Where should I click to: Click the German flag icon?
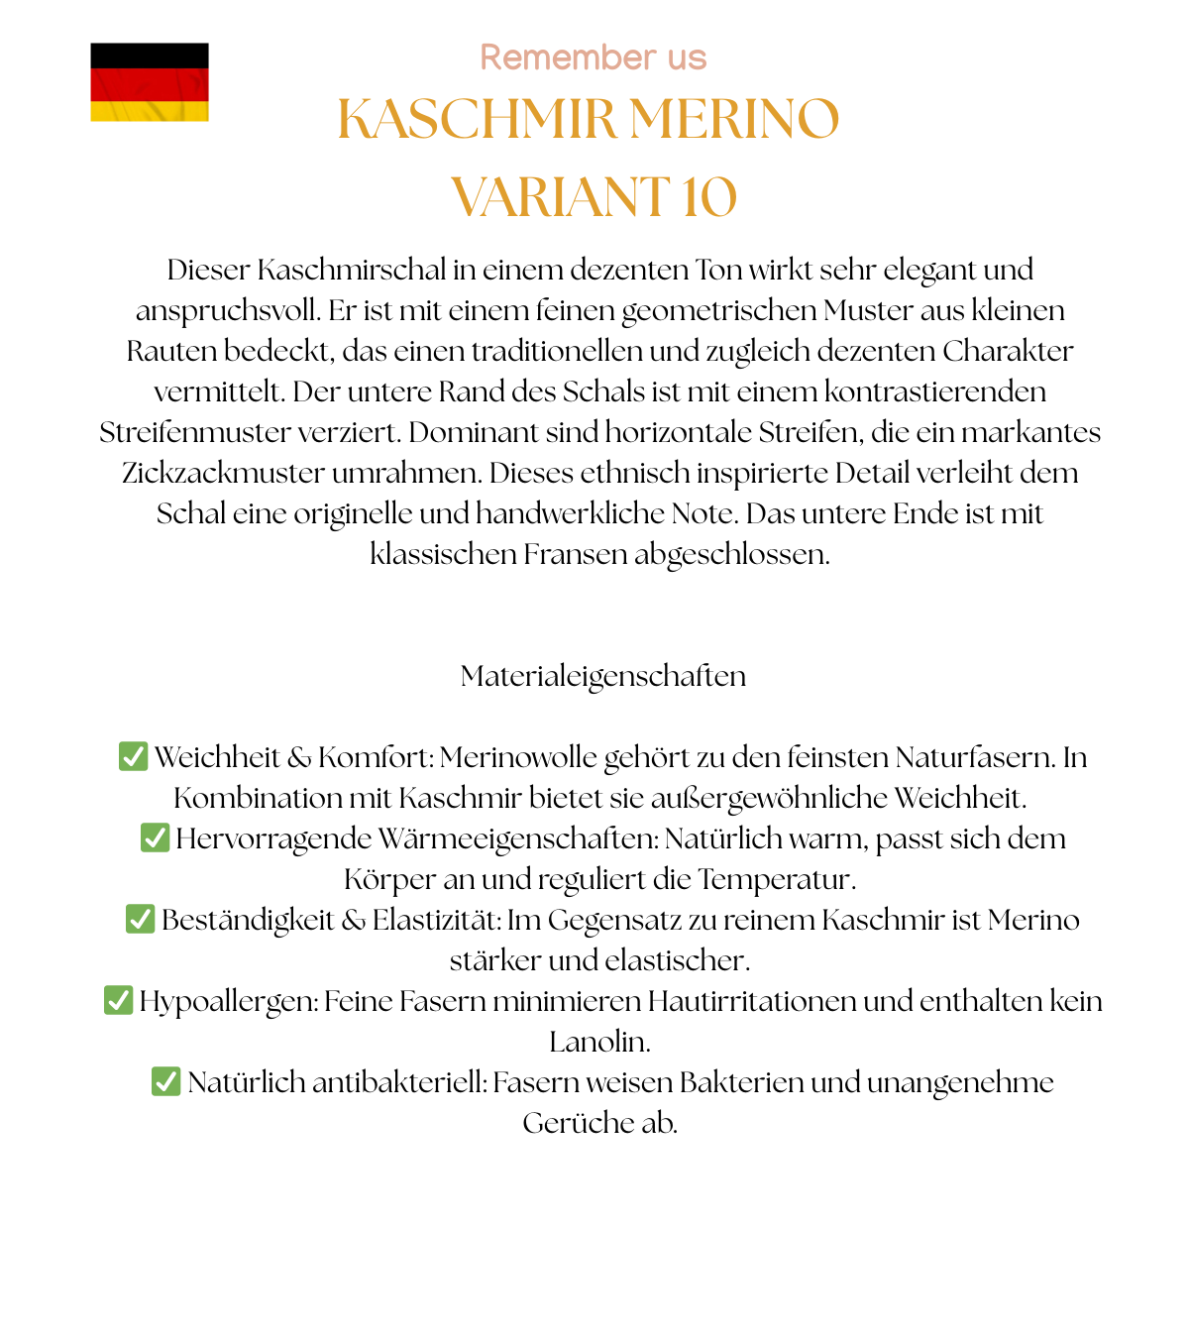pyautogui.click(x=150, y=82)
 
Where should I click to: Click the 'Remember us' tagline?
pyautogui.click(x=593, y=57)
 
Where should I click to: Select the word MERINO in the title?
pyautogui.click(x=734, y=119)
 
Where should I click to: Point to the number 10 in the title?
pyautogui.click(x=708, y=196)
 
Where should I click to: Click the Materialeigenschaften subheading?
pyautogui.click(x=602, y=676)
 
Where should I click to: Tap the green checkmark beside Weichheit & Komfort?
pyautogui.click(x=133, y=756)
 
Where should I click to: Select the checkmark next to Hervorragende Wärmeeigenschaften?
pyautogui.click(x=155, y=837)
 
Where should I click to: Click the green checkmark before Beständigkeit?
pyautogui.click(x=140, y=919)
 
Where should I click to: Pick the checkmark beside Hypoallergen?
pyautogui.click(x=118, y=1000)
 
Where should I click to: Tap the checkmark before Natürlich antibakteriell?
pyautogui.click(x=165, y=1081)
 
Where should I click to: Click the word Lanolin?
pyautogui.click(x=598, y=1042)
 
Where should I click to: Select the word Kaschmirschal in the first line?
pyautogui.click(x=352, y=270)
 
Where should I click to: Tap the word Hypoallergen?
pyautogui.click(x=228, y=1001)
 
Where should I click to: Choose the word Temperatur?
pyautogui.click(x=776, y=879)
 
